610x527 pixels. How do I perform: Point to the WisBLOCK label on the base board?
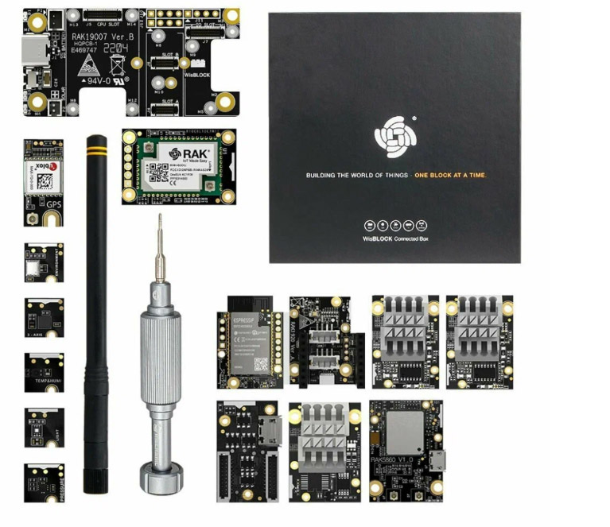click(x=196, y=74)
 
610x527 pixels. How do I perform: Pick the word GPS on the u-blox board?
click(x=53, y=203)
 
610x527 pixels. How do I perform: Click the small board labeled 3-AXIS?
click(x=44, y=318)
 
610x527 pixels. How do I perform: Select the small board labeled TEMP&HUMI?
click(x=44, y=372)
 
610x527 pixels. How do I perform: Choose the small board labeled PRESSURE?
click(x=44, y=482)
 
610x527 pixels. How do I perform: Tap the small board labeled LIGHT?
click(x=44, y=428)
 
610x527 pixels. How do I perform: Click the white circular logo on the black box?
click(x=394, y=136)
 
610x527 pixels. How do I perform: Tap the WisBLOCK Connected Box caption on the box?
click(x=394, y=238)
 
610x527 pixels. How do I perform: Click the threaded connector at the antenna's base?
click(x=99, y=484)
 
